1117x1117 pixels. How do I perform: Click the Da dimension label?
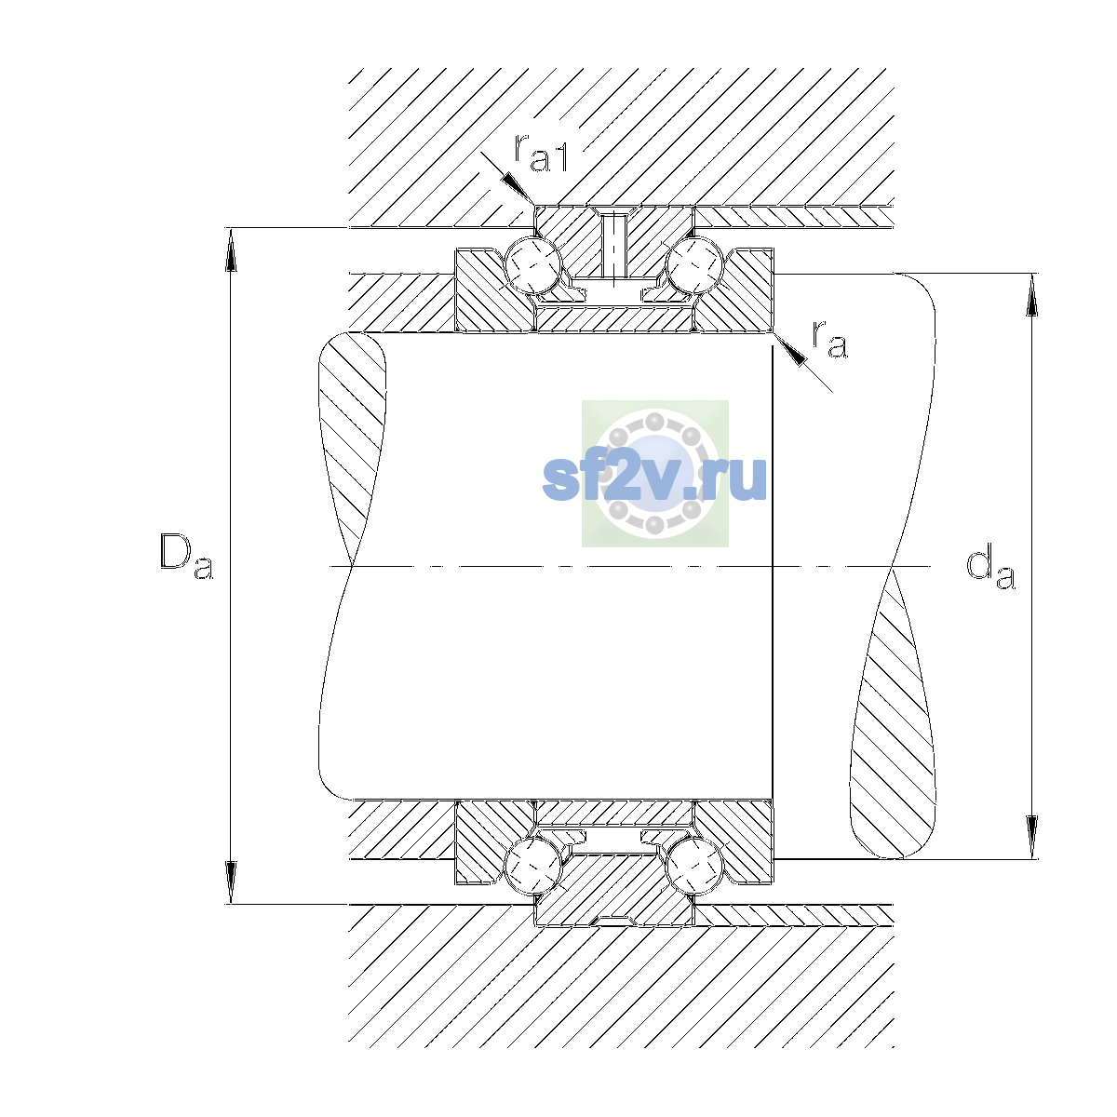pos(186,557)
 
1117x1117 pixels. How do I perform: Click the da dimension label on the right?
pos(990,569)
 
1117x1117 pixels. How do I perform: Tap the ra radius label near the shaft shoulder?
pos(829,339)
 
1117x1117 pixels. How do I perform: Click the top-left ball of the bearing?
pos(533,265)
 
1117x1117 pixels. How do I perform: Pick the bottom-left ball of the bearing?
pos(533,865)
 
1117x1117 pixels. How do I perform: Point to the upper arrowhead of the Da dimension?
pos(231,249)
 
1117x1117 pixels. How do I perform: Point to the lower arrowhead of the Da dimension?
pos(231,881)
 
